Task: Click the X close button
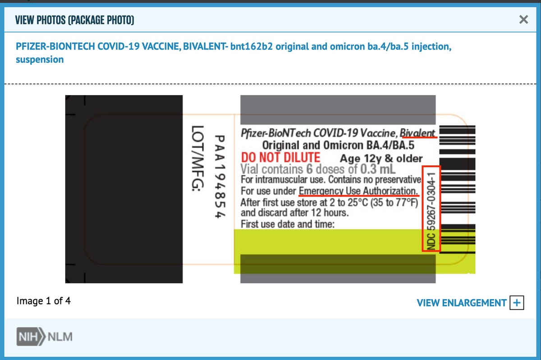pos(523,19)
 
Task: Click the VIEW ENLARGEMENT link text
pos(461,303)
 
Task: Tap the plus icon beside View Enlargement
pos(517,303)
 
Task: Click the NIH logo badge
pos(31,337)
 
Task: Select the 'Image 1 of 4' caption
pos(43,301)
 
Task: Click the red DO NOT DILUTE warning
pos(280,158)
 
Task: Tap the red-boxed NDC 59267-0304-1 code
pos(431,208)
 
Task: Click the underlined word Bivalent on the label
pos(418,133)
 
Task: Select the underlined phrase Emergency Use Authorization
pos(358,191)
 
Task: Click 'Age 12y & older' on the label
pos(381,159)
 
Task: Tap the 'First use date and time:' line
pos(288,223)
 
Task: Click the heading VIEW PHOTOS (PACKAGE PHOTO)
pos(74,20)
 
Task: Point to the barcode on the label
pos(457,189)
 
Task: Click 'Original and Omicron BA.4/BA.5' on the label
pos(338,146)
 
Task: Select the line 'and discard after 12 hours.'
pos(294,212)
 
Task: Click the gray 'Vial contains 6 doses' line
pos(318,169)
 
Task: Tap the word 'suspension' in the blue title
pos(40,59)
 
